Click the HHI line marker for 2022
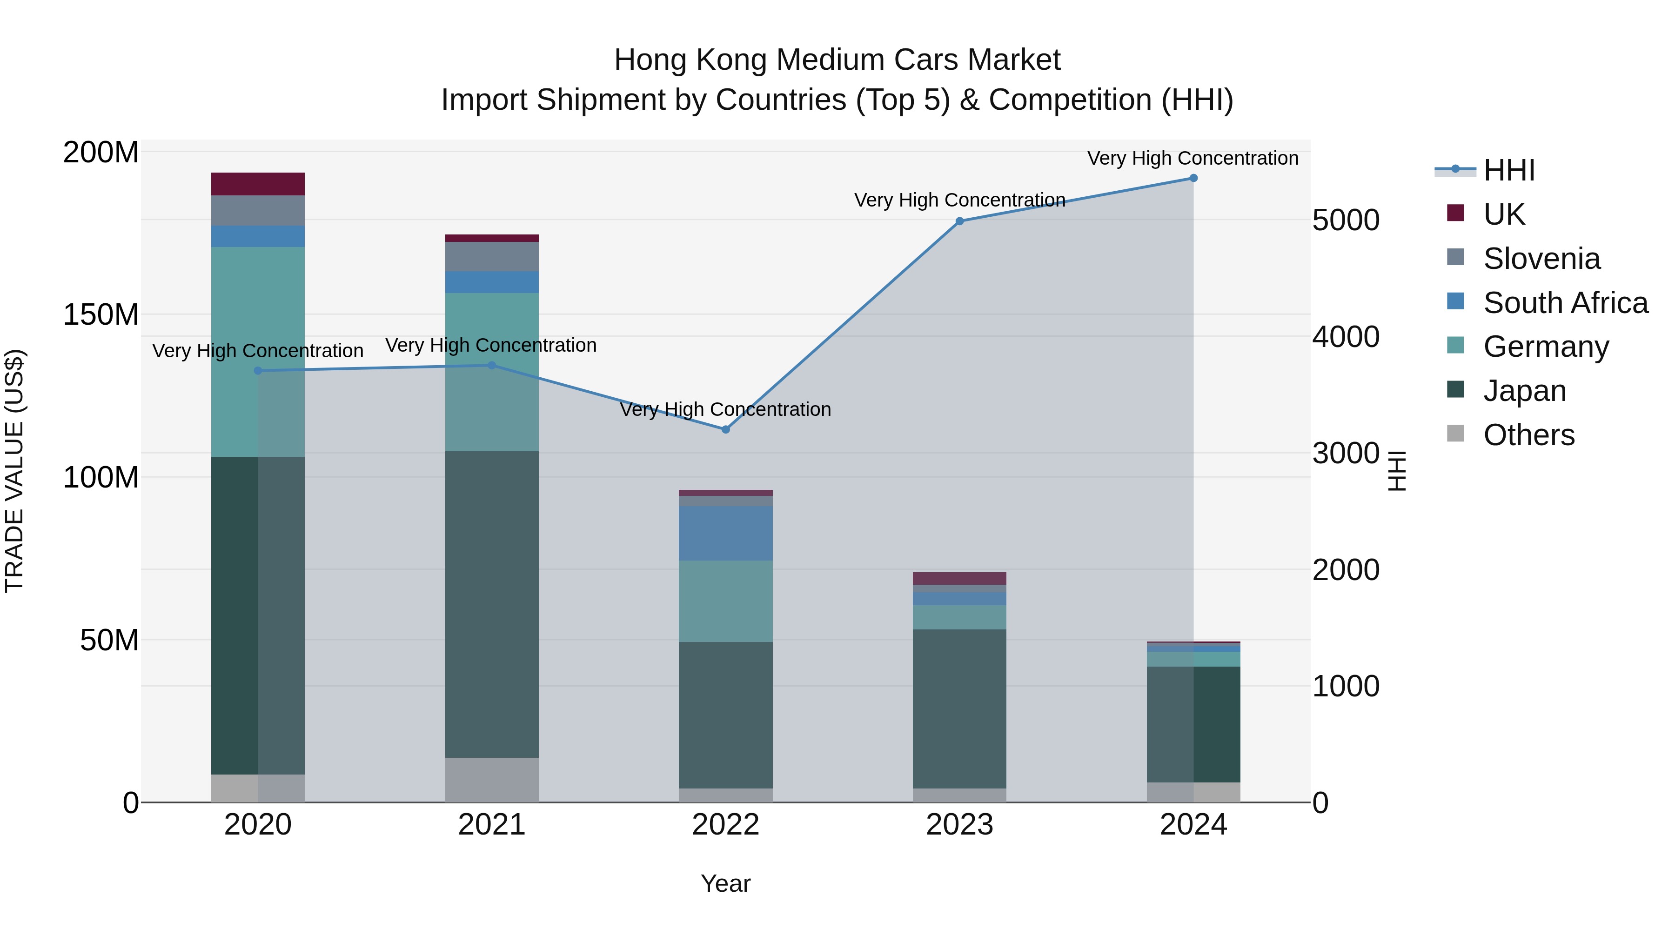point(726,429)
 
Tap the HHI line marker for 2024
point(1193,178)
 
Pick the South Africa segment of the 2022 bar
point(726,533)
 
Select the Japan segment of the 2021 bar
point(492,605)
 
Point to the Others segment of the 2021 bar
point(492,780)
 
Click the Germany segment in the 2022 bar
point(726,601)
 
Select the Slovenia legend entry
point(1541,259)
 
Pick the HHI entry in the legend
point(1508,170)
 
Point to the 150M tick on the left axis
point(101,314)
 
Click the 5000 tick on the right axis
point(1345,220)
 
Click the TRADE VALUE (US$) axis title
point(14,471)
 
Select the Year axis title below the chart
point(726,883)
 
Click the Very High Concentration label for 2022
point(726,409)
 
